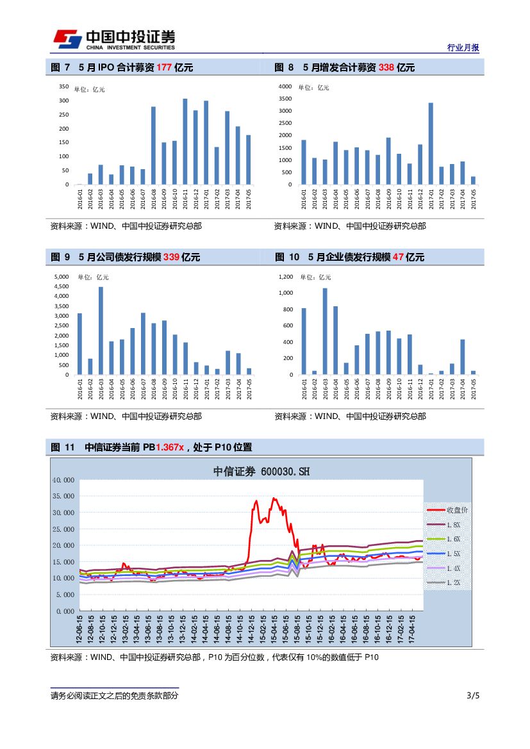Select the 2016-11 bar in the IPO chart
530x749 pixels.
click(x=185, y=142)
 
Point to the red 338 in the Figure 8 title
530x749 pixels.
click(x=386, y=67)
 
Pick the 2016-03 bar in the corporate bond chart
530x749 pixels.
click(x=101, y=331)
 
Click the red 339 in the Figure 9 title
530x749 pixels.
click(x=171, y=257)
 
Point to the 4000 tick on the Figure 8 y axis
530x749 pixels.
click(x=285, y=86)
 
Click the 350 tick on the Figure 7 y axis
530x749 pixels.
click(x=64, y=86)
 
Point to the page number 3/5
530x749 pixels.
click(x=473, y=696)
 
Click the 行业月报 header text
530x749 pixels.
click(x=463, y=48)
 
